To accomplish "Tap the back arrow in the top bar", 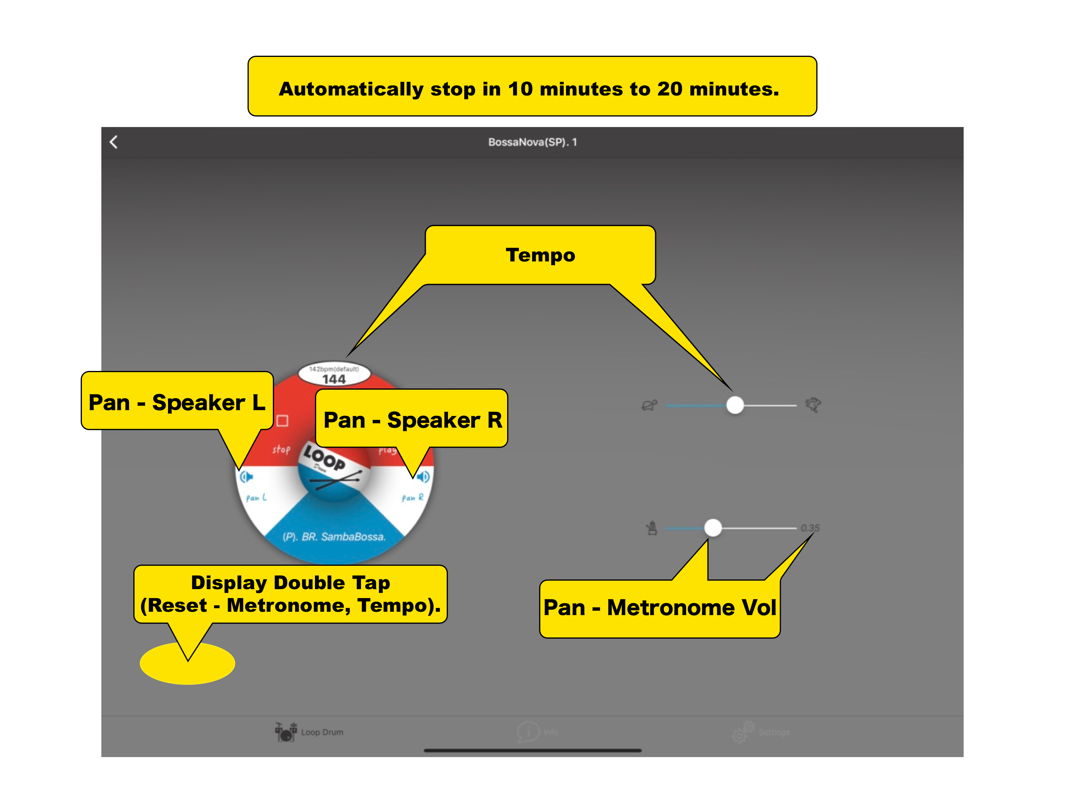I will tap(113, 142).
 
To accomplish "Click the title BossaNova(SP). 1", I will tap(532, 142).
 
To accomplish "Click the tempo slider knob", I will tap(735, 405).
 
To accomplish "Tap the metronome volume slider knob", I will tap(713, 528).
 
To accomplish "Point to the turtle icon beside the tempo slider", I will tap(649, 405).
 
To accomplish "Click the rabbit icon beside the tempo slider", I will tap(813, 405).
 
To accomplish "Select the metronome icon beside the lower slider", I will tap(652, 528).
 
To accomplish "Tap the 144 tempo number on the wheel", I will tap(334, 379).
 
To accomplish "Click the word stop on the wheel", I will tap(281, 450).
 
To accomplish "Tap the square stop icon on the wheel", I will tap(283, 421).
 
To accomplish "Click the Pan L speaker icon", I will tap(246, 477).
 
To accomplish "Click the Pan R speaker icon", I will tap(423, 477).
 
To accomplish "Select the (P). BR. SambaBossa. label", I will tap(334, 537).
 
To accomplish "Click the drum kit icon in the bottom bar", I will tap(285, 732).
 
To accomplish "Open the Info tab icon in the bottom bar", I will tap(528, 732).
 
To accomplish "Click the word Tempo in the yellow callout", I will tap(540, 255).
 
